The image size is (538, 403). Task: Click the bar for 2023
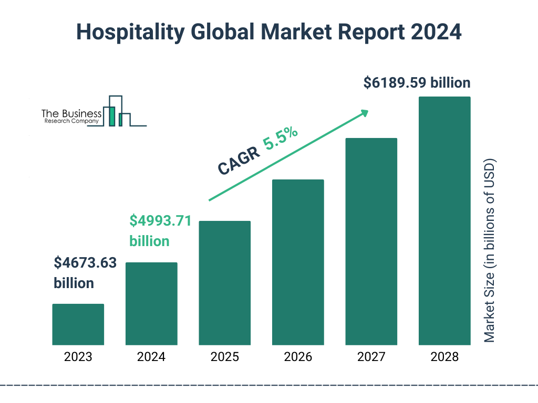(78, 324)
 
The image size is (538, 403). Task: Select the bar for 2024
(151, 303)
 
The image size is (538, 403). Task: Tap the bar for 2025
(224, 283)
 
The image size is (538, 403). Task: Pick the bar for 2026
(298, 262)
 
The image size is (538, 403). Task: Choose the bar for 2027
(371, 241)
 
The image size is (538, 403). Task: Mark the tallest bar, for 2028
(444, 221)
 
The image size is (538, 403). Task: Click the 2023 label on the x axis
(78, 357)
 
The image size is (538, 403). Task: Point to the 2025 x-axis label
(224, 357)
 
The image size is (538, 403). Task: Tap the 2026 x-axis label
(298, 357)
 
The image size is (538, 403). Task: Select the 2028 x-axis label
(444, 357)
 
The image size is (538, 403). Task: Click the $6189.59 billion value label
(417, 83)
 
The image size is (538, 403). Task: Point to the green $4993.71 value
(160, 221)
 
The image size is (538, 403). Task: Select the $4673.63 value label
(85, 263)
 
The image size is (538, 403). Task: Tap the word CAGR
(237, 160)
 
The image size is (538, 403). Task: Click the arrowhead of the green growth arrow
(364, 112)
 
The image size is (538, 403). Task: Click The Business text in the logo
(71, 113)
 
